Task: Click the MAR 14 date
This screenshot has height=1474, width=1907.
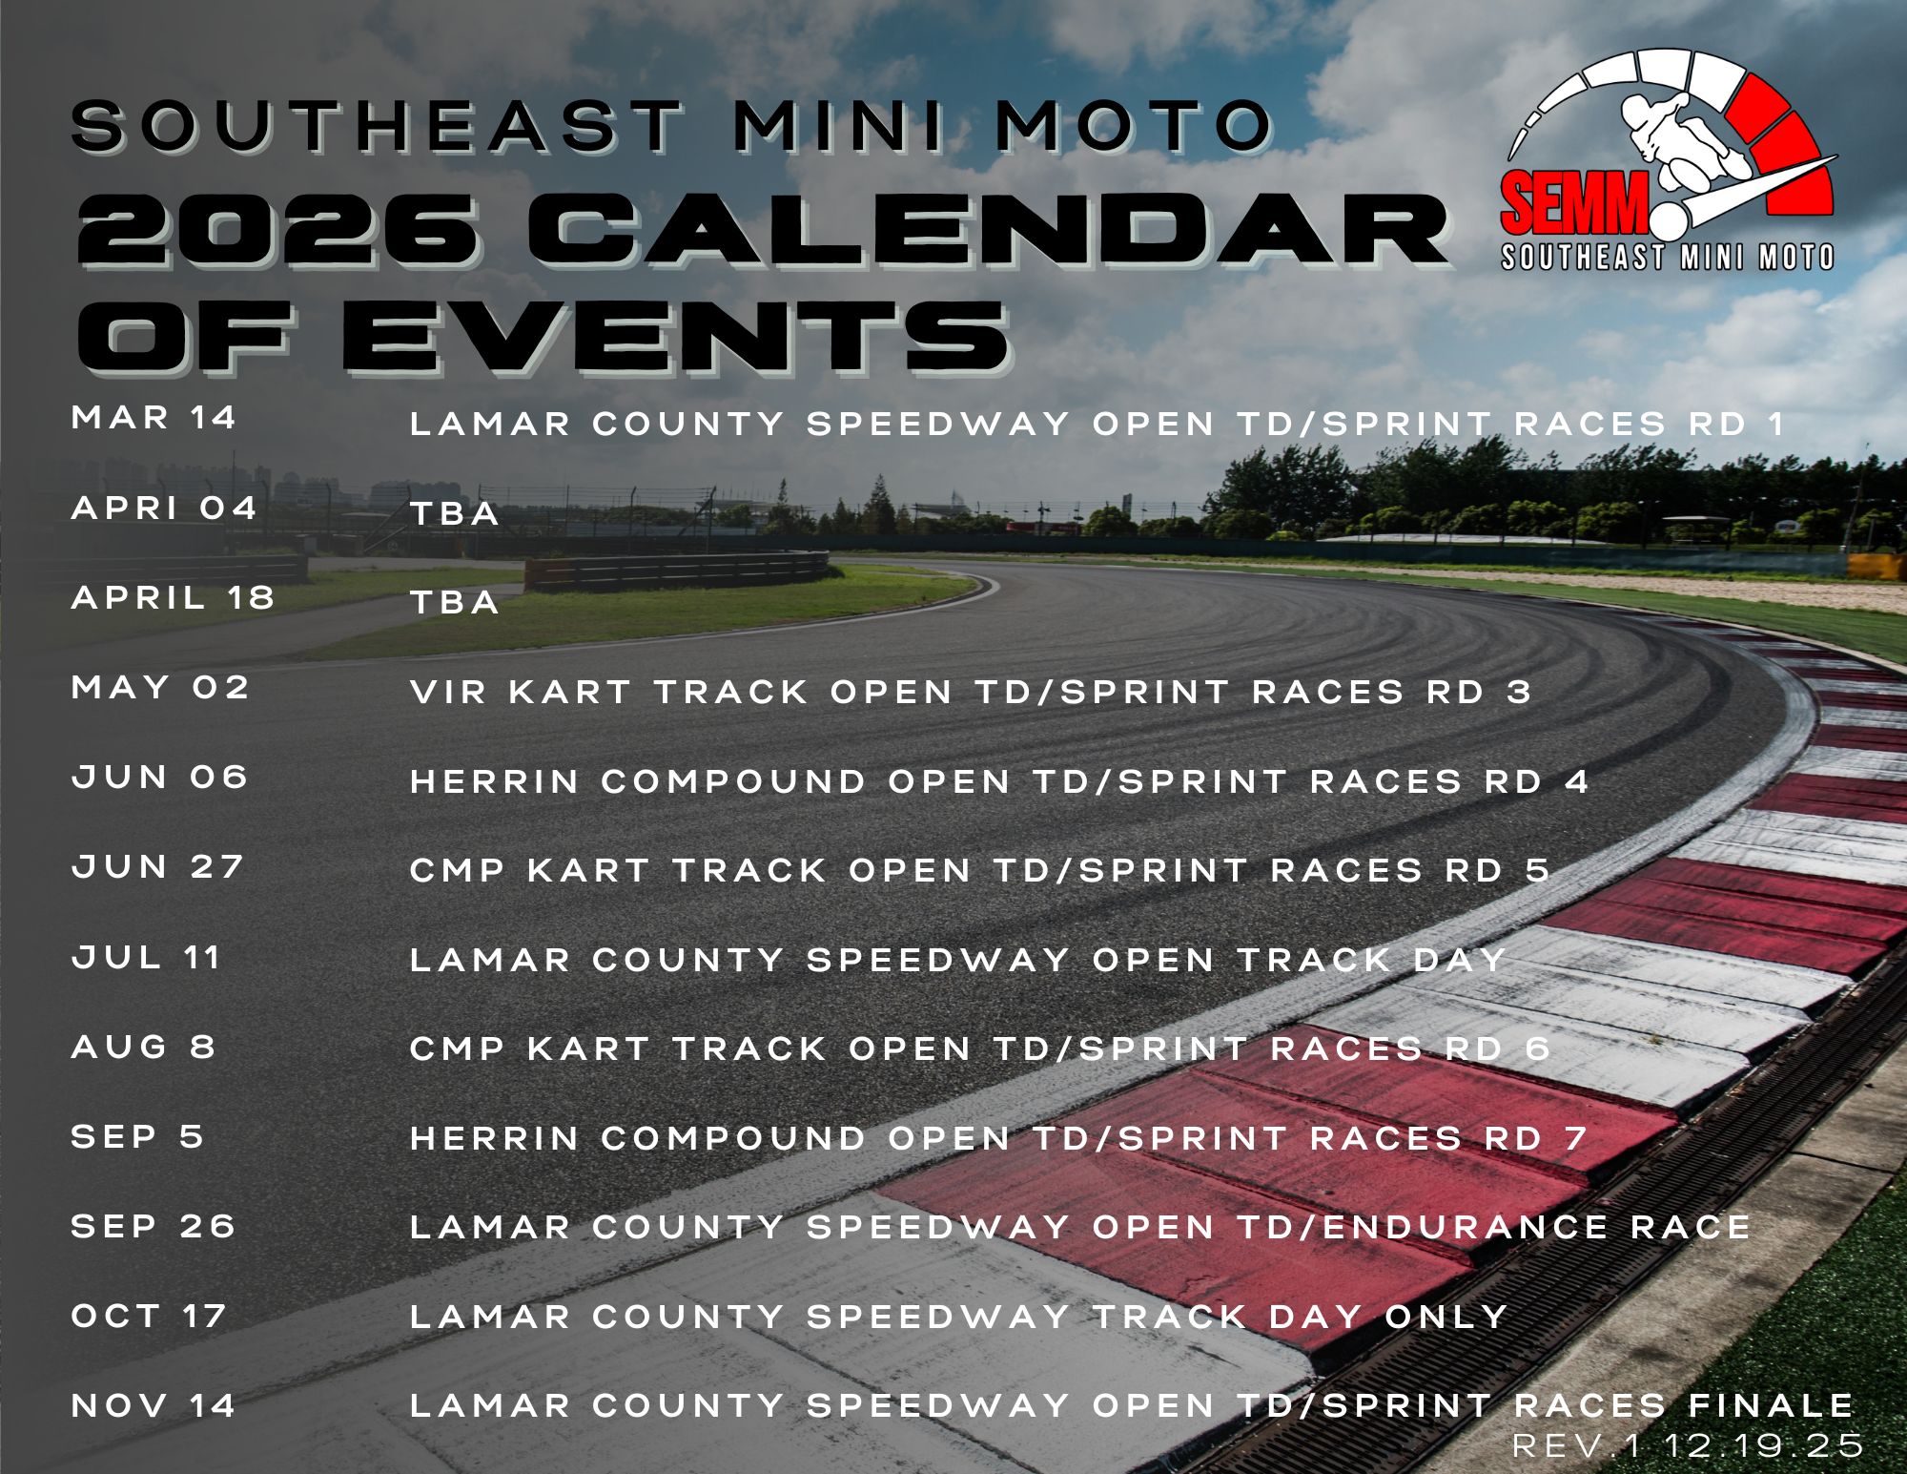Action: click(154, 418)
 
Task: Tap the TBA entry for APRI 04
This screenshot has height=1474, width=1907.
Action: click(454, 514)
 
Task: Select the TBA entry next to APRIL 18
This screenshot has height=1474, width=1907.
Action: click(454, 603)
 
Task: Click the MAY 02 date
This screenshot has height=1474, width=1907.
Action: click(160, 688)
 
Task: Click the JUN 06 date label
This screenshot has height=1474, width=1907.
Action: click(159, 778)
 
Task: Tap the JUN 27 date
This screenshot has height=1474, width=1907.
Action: click(157, 867)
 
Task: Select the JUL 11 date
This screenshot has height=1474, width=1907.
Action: click(146, 957)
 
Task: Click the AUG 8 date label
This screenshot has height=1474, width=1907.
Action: click(143, 1048)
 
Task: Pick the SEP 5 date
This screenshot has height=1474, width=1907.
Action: click(137, 1137)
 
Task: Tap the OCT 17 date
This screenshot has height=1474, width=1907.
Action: click(149, 1317)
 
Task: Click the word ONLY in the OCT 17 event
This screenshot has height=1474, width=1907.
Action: click(1446, 1318)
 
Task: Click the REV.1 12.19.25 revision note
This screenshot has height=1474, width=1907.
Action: click(1687, 1445)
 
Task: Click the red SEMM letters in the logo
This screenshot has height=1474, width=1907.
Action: click(1573, 202)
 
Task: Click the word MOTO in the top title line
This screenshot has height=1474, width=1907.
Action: click(1135, 126)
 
